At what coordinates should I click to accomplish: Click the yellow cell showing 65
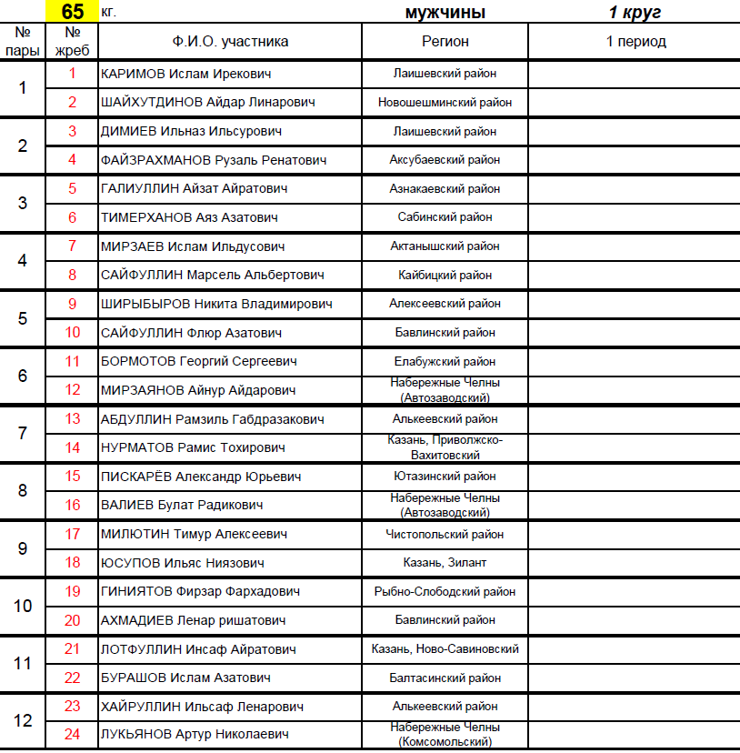click(72, 12)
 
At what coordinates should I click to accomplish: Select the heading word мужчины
click(445, 12)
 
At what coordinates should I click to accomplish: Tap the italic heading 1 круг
click(635, 12)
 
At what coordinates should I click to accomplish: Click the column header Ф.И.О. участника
click(230, 41)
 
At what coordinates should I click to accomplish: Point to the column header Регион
click(445, 41)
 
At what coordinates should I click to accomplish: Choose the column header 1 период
click(635, 41)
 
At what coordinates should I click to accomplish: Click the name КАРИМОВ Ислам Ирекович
click(185, 74)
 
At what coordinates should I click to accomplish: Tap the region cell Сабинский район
click(445, 217)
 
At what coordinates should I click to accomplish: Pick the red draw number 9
click(73, 304)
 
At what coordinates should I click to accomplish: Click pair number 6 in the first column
click(23, 376)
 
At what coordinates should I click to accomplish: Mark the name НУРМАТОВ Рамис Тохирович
click(193, 447)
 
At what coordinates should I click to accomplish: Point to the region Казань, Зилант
click(445, 563)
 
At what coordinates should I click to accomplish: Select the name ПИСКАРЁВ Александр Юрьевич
click(201, 477)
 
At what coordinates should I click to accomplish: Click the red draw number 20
click(73, 620)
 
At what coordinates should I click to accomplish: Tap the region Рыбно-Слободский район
click(445, 591)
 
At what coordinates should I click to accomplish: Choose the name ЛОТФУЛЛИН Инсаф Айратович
click(198, 649)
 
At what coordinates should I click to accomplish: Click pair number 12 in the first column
click(23, 720)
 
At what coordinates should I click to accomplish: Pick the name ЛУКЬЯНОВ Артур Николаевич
click(195, 734)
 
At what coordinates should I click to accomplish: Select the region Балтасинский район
click(445, 678)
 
